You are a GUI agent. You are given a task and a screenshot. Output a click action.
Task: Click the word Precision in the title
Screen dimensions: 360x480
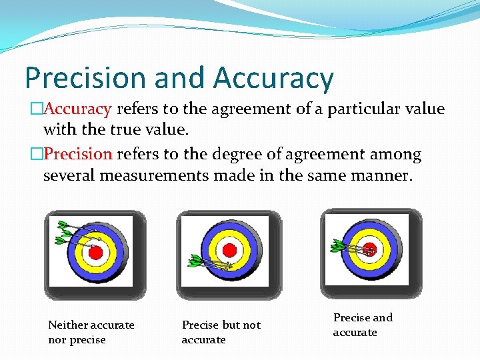(x=85, y=78)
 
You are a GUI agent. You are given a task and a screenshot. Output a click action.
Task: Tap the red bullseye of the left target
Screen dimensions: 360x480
(x=95, y=253)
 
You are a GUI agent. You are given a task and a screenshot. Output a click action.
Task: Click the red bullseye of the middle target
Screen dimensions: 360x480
(x=229, y=251)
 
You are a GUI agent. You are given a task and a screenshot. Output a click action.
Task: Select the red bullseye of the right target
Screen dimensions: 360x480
(x=370, y=249)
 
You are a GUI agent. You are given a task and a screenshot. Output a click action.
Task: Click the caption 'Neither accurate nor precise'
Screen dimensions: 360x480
(x=91, y=332)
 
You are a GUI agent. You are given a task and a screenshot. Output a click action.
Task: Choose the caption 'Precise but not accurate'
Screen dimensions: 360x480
(x=221, y=332)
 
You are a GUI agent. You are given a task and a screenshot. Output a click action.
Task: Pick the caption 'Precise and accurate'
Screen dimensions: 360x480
(x=363, y=325)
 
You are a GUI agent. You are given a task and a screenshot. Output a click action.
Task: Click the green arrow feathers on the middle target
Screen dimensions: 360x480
(x=196, y=261)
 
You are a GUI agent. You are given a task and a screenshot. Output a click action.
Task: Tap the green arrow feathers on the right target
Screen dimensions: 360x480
(x=336, y=247)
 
